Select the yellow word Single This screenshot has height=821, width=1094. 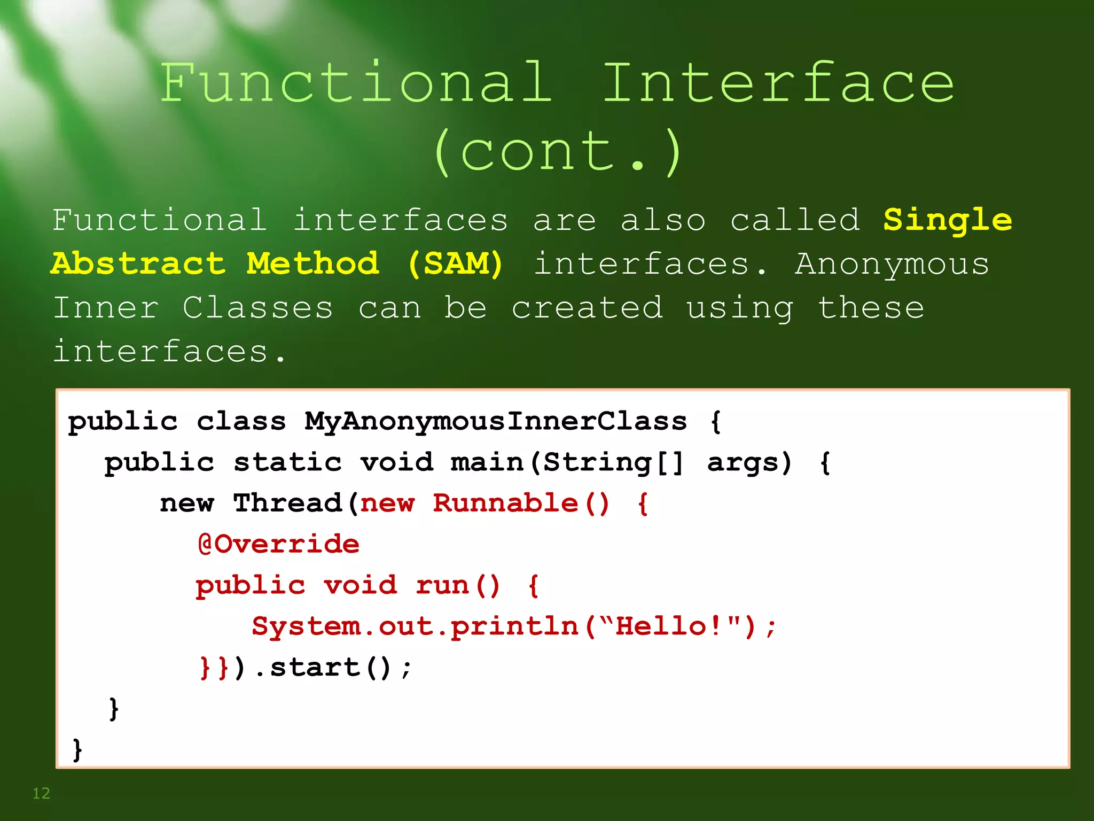947,220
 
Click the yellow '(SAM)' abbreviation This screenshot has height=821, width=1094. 455,264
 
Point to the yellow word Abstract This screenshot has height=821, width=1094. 138,264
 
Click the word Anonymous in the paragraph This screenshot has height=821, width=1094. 892,264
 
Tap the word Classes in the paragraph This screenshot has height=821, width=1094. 257,308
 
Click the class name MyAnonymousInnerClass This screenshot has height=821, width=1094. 496,421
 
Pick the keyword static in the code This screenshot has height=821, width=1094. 287,462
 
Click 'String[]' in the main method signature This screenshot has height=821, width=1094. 613,462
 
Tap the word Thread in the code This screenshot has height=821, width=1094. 287,503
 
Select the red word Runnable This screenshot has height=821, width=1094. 505,503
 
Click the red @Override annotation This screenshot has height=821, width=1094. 278,544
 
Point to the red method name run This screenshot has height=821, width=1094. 442,585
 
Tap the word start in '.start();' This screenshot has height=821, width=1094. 315,667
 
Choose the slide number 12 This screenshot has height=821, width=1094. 41,793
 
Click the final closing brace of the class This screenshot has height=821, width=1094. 77,749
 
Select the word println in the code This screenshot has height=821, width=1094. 515,626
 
